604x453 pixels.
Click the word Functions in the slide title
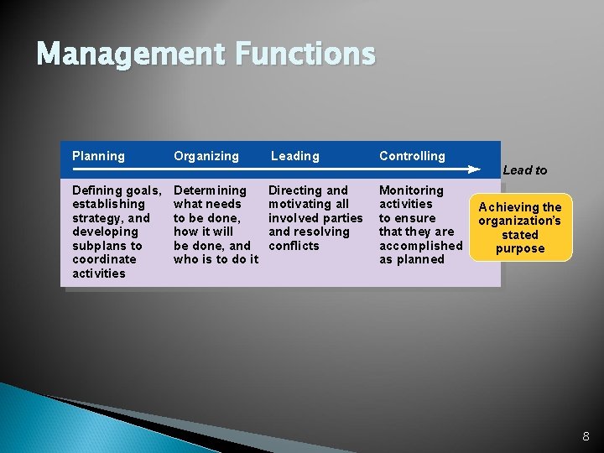pos(305,55)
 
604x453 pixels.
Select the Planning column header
pos(98,156)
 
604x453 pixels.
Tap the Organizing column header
pos(206,156)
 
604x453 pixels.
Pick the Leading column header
pos(294,156)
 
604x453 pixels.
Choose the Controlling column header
pos(412,156)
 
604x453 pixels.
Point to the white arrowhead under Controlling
pos(474,169)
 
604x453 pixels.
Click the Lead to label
pos(524,170)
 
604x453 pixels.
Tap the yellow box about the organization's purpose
pos(520,228)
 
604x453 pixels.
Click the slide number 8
pos(586,436)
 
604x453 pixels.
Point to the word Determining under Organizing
pos(210,190)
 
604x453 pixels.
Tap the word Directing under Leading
pos(291,190)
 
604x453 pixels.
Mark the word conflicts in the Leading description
pos(294,246)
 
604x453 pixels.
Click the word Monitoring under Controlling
pos(411,190)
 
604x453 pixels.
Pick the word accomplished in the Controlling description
pos(420,246)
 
